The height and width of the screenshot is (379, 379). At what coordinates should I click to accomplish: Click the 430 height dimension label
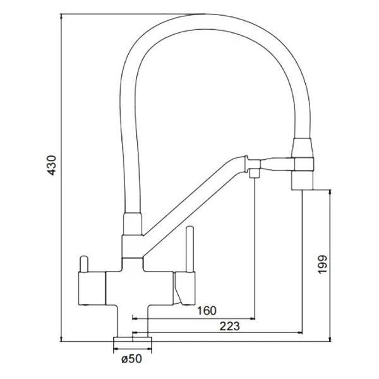point(52,165)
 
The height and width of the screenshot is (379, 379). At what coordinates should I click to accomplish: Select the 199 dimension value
point(322,264)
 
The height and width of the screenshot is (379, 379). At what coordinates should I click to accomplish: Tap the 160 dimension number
point(207,311)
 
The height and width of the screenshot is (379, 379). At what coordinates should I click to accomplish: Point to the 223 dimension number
point(230,327)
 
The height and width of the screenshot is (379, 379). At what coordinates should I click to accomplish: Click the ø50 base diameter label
point(132,359)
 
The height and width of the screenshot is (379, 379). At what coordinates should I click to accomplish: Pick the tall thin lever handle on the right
point(189,249)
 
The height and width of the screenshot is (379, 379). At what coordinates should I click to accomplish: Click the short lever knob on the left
point(83,263)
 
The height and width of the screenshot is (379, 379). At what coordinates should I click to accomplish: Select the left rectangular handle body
point(92,289)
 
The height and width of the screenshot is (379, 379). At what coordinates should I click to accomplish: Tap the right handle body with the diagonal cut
point(184,288)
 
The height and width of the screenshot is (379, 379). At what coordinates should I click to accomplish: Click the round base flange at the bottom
point(133,339)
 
